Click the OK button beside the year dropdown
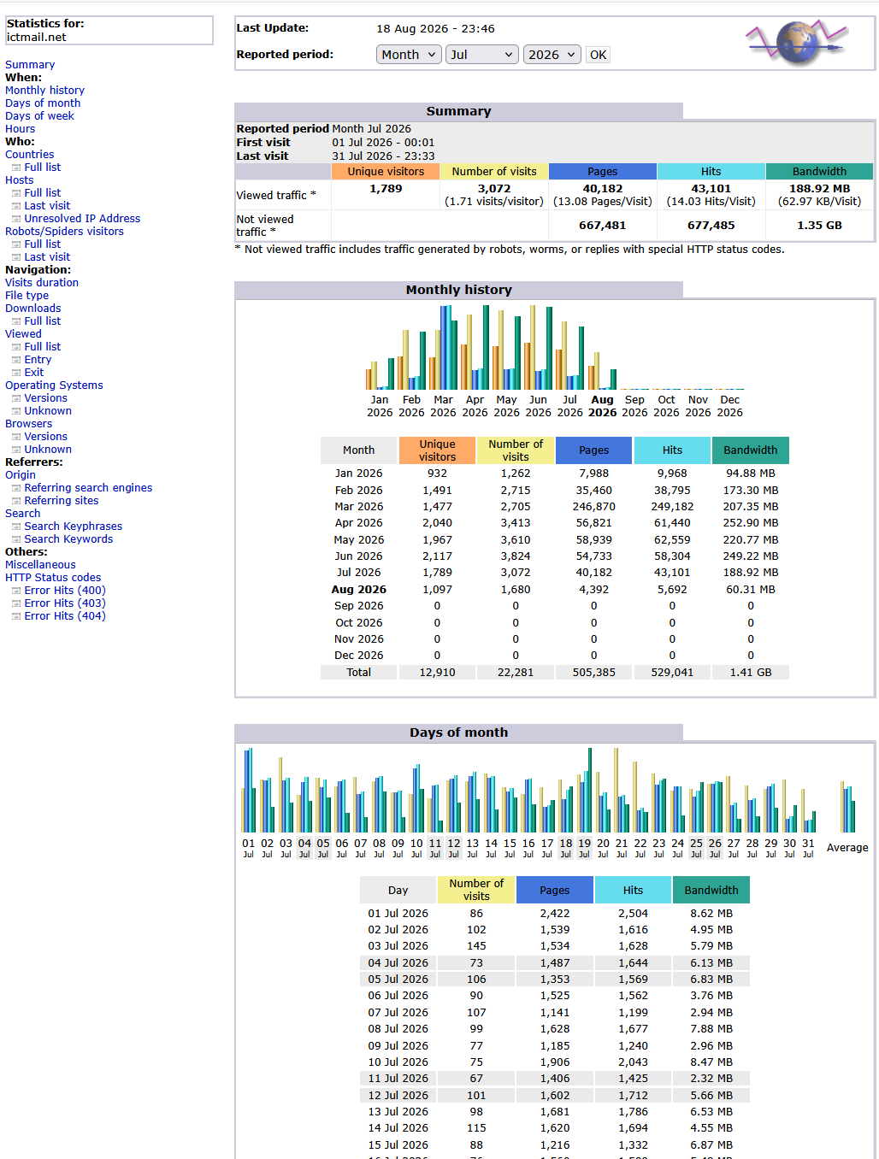[598, 55]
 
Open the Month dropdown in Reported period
[409, 55]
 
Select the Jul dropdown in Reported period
[481, 55]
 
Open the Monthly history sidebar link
[45, 91]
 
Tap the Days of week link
[39, 116]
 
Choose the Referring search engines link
[88, 488]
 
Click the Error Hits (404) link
[65, 616]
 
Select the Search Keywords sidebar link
[68, 539]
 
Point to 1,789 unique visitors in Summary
[386, 189]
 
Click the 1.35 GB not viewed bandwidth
[819, 226]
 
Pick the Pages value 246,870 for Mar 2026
[593, 507]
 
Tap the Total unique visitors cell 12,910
[437, 673]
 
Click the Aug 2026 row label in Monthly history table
[358, 590]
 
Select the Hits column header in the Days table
[633, 891]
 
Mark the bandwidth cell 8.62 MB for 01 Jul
[711, 914]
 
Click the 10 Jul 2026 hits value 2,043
[633, 1062]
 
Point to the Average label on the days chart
[847, 848]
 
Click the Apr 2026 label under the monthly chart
[475, 406]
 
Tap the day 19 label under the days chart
[584, 848]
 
